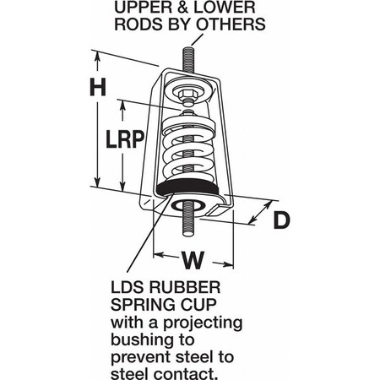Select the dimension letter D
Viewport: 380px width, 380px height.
[283, 220]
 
